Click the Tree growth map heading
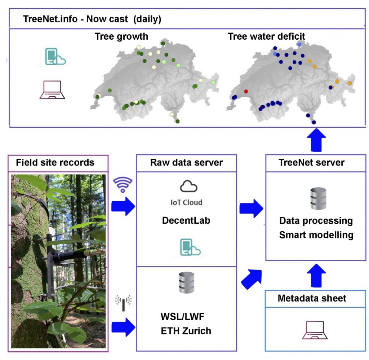121,36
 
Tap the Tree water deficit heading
266,36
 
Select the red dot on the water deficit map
246,91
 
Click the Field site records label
55,163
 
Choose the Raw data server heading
186,163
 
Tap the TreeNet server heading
311,163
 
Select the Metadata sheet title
312,298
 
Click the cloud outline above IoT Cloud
189,187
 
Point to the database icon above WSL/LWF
186,282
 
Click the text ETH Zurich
186,330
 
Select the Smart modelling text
316,235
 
